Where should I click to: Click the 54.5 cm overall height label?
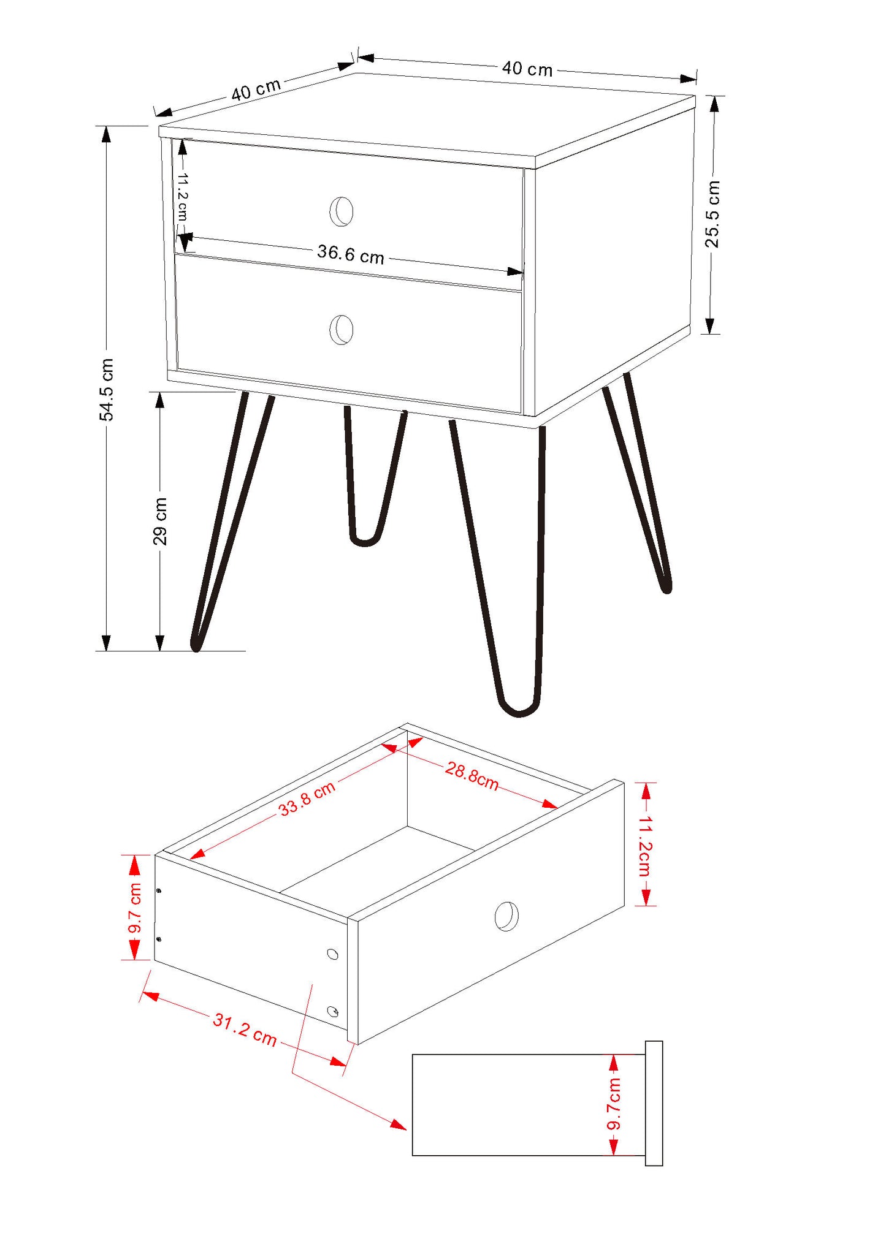(107, 390)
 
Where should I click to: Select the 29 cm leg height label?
(160, 521)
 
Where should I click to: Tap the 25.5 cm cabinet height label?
(712, 214)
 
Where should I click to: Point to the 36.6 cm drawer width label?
(351, 254)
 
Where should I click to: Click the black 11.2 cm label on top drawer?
(182, 196)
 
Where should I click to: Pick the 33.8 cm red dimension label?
(307, 799)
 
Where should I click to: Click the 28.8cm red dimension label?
(472, 775)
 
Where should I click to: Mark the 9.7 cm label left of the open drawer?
(135, 908)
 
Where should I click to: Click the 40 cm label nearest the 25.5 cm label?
(527, 69)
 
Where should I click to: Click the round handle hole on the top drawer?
(342, 211)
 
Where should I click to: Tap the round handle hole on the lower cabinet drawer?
(342, 330)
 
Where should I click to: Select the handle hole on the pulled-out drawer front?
(506, 916)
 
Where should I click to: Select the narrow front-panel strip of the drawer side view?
(654, 1103)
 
